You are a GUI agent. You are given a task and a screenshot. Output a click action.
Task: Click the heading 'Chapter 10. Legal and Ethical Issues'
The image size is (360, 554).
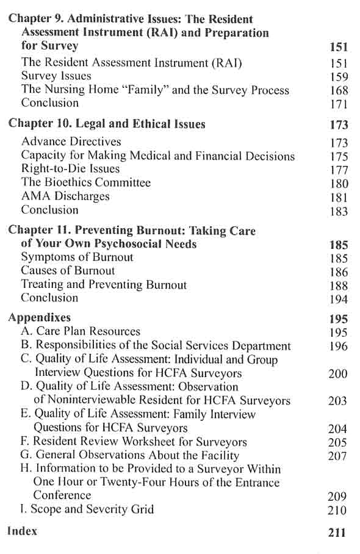click(x=107, y=124)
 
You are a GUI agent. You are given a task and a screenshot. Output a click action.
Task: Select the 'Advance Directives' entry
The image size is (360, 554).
click(x=71, y=142)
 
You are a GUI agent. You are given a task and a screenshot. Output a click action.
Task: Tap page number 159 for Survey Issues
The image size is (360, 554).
click(x=337, y=77)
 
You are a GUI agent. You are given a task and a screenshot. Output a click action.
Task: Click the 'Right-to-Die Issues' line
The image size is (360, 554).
click(x=70, y=169)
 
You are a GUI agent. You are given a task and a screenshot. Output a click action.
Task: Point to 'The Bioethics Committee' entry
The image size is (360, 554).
click(x=85, y=182)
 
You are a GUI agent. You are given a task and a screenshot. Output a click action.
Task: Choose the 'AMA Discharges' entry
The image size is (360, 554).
click(x=65, y=196)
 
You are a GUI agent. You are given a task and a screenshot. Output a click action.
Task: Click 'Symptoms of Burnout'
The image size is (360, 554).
click(x=77, y=257)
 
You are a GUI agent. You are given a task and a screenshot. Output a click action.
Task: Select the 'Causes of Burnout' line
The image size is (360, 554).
click(x=68, y=271)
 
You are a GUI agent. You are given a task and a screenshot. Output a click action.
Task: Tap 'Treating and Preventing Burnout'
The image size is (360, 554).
click(x=104, y=284)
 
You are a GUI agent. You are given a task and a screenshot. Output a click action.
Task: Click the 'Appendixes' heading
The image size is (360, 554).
click(x=39, y=318)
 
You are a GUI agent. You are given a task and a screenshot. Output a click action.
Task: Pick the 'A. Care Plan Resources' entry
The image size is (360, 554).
click(x=80, y=332)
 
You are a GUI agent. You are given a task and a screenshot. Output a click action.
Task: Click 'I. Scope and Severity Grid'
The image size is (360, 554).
click(x=87, y=509)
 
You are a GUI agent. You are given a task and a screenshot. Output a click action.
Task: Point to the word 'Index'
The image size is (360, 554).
click(x=22, y=531)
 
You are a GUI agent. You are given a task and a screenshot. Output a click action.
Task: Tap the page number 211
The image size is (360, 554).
click(x=337, y=533)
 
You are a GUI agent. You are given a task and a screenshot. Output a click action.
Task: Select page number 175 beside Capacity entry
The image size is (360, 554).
click(x=337, y=156)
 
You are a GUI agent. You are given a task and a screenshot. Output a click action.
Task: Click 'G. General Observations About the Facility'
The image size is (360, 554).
click(x=130, y=455)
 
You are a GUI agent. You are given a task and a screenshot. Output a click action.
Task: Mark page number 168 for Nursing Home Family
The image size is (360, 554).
click(x=337, y=90)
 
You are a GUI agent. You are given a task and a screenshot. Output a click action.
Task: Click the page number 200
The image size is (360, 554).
click(x=337, y=374)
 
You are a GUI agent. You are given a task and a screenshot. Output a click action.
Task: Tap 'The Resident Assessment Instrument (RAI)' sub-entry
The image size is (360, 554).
click(x=115, y=62)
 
